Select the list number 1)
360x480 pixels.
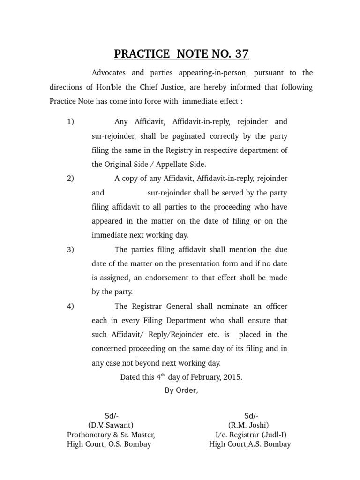tap(70, 122)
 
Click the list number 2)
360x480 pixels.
tap(70, 179)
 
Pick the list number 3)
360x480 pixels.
tap(70, 249)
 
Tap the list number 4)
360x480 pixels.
tap(70, 307)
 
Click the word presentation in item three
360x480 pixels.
tap(192, 263)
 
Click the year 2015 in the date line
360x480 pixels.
tap(232, 377)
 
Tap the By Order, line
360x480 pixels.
tap(181, 391)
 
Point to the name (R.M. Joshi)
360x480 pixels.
tap(248, 425)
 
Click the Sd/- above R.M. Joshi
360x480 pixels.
tap(251, 416)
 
